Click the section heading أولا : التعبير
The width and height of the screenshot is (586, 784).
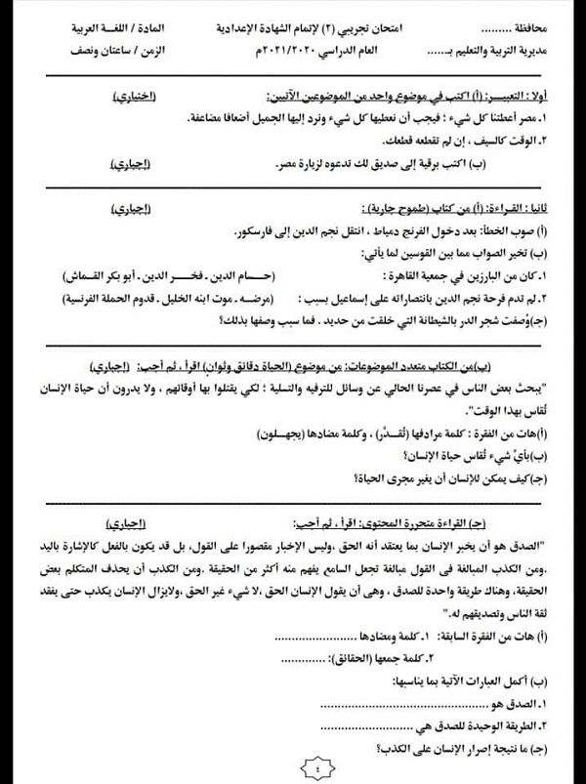click(x=542, y=96)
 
